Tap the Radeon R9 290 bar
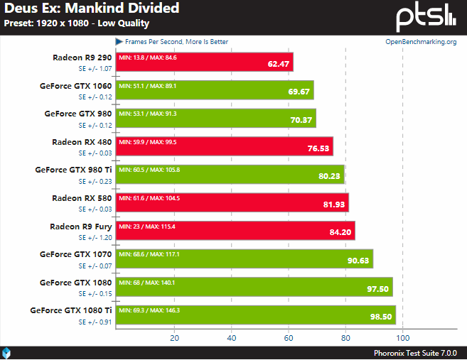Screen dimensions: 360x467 coord(205,62)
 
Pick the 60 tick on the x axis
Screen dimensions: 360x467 coord(289,337)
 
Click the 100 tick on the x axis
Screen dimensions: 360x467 coord(403,337)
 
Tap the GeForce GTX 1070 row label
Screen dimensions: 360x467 coord(75,253)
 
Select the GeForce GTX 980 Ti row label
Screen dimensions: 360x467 coord(73,170)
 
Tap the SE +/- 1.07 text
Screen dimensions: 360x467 coord(95,69)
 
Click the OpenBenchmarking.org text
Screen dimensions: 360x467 coord(420,42)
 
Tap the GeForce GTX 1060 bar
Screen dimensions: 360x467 coord(215,89)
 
